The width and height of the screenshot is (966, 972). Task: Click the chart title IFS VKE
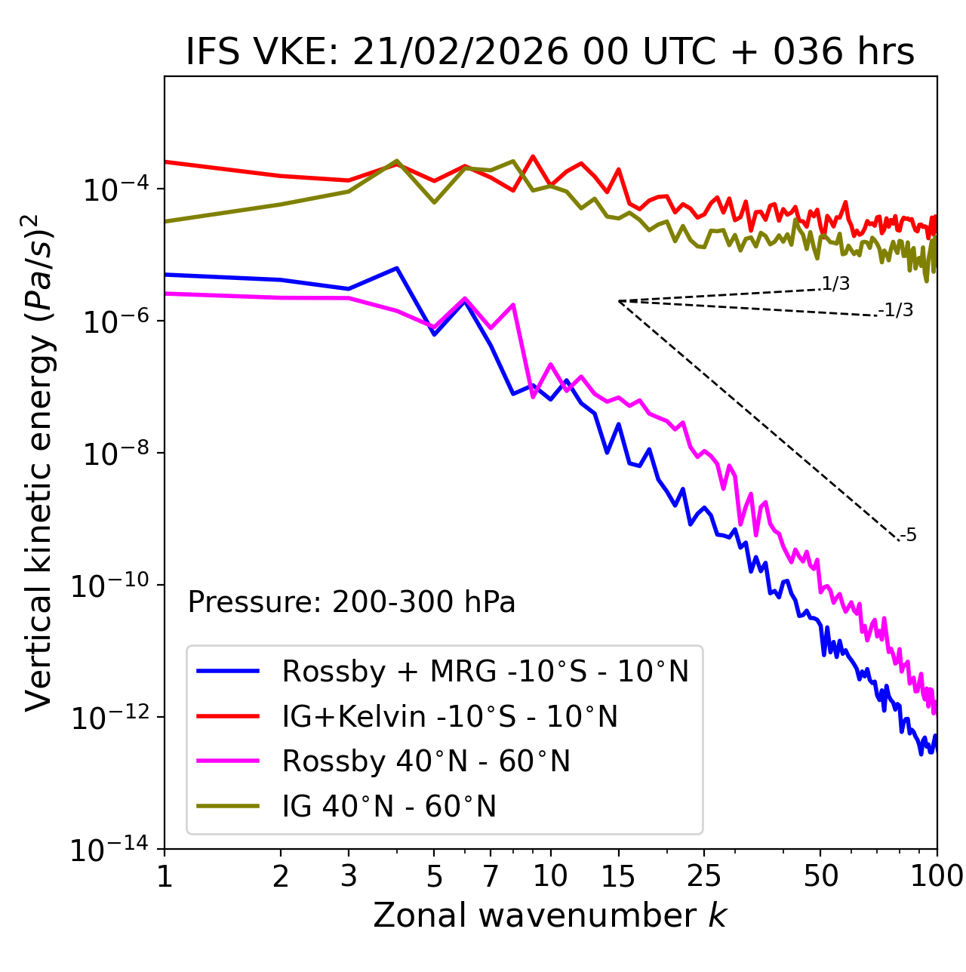(x=550, y=52)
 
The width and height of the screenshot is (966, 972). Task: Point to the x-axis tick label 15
(x=618, y=875)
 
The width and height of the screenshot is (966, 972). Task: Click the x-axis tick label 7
(x=491, y=875)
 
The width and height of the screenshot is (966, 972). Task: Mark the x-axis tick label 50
(x=820, y=875)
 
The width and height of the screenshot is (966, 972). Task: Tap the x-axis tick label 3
(x=349, y=875)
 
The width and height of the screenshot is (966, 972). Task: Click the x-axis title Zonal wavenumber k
(x=550, y=915)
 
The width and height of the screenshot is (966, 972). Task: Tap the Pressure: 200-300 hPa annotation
(x=352, y=602)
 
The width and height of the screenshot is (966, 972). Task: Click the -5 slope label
(x=909, y=535)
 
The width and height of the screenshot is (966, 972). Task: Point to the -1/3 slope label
(x=896, y=310)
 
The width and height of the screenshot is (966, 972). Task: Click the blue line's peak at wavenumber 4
(x=397, y=268)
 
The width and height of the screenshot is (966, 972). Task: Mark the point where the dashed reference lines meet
(x=619, y=301)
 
